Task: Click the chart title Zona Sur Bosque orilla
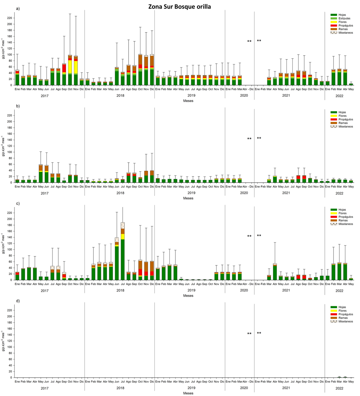point(180,6)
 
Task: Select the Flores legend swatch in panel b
point(334,115)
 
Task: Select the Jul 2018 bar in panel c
point(123,251)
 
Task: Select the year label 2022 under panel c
point(339,291)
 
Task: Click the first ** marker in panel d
point(249,333)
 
